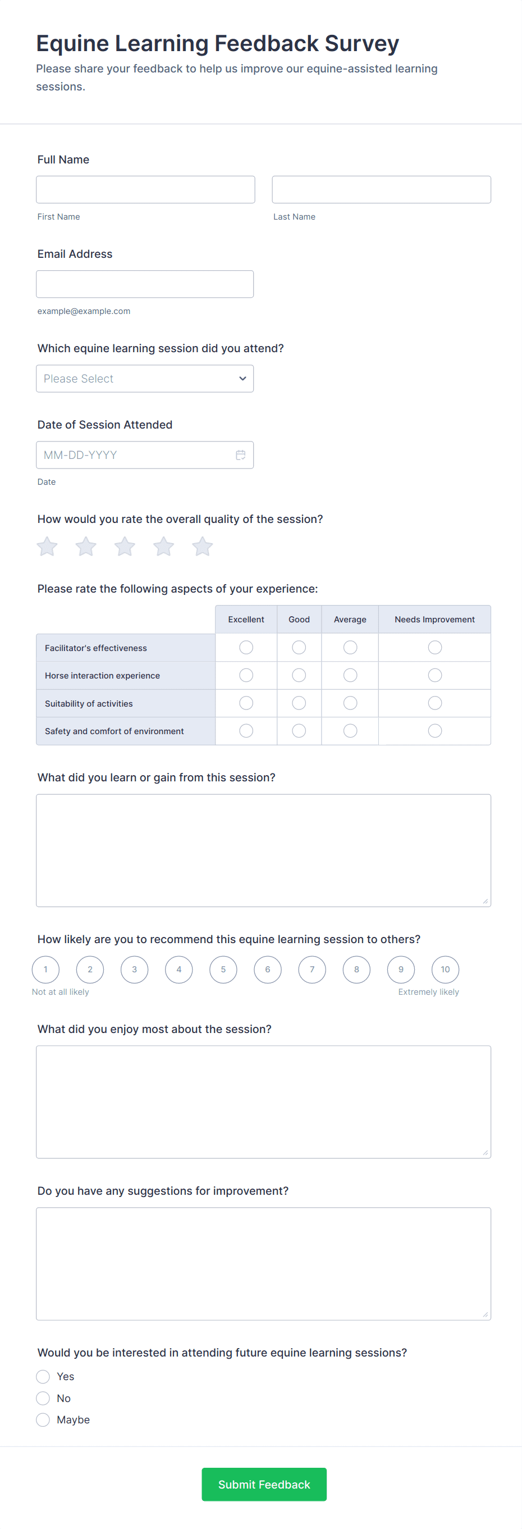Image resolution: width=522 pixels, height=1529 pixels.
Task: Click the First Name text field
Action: tap(145, 189)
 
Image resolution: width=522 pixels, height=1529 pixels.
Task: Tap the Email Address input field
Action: tap(145, 284)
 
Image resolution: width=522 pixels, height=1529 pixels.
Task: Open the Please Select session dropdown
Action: tap(145, 379)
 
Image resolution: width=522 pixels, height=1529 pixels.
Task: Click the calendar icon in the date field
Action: tap(241, 455)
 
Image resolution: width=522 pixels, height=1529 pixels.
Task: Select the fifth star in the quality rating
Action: tap(202, 547)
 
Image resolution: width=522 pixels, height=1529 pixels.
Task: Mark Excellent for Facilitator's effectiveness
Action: tap(246, 648)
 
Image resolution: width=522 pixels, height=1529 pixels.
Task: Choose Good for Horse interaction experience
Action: tap(299, 675)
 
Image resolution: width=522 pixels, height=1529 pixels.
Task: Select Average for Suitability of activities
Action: tap(351, 703)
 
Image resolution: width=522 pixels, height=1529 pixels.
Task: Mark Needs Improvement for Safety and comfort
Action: tap(435, 731)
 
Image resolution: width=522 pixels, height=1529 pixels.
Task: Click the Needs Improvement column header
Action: tap(434, 620)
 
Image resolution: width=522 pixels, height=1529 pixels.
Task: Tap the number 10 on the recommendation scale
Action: tap(446, 970)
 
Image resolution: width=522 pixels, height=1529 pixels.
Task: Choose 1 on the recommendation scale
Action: tap(45, 970)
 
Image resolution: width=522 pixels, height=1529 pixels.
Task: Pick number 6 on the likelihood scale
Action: tap(268, 970)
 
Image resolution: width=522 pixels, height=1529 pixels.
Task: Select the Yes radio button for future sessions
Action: tap(43, 1376)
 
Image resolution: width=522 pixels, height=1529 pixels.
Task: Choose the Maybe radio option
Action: tap(43, 1420)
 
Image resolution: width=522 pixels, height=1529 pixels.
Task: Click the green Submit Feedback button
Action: tap(264, 1485)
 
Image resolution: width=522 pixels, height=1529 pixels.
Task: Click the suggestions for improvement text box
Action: tap(263, 1264)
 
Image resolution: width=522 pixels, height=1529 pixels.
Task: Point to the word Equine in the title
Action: tap(72, 43)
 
